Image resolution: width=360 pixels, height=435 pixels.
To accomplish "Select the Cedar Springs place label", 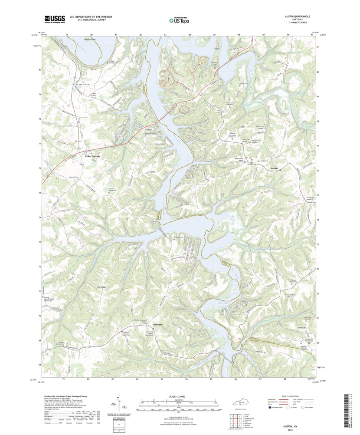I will pyautogui.click(x=92, y=155).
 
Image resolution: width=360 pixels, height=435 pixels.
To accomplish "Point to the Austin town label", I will pyautogui.click(x=274, y=168).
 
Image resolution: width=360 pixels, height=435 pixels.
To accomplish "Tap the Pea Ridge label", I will pyautogui.click(x=101, y=287).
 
